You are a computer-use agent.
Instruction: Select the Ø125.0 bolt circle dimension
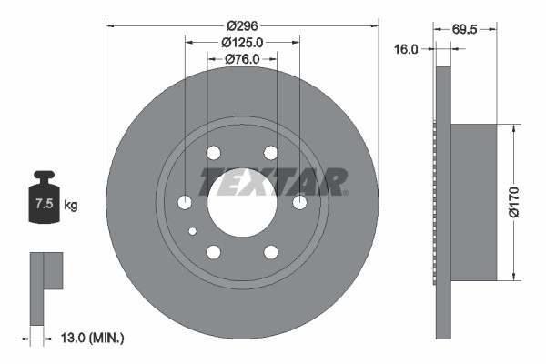pyautogui.click(x=242, y=42)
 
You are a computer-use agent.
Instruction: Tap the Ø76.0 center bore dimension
pyautogui.click(x=242, y=59)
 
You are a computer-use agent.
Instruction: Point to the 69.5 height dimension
pyautogui.click(x=466, y=28)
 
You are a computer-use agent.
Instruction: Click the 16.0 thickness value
pyautogui.click(x=407, y=50)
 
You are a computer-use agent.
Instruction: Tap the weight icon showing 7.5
pyautogui.click(x=45, y=199)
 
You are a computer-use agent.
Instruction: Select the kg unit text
pyautogui.click(x=71, y=206)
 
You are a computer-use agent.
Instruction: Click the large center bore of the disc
pyautogui.click(x=242, y=202)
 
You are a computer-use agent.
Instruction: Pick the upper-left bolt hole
pyautogui.click(x=214, y=153)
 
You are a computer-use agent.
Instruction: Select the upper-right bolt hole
pyautogui.click(x=270, y=153)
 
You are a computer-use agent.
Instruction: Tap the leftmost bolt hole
pyautogui.click(x=186, y=202)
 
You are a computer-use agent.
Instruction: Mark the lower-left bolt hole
pyautogui.click(x=214, y=251)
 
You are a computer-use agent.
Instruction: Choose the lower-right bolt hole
pyautogui.click(x=270, y=251)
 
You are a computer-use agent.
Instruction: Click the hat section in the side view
pyautogui.click(x=473, y=202)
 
